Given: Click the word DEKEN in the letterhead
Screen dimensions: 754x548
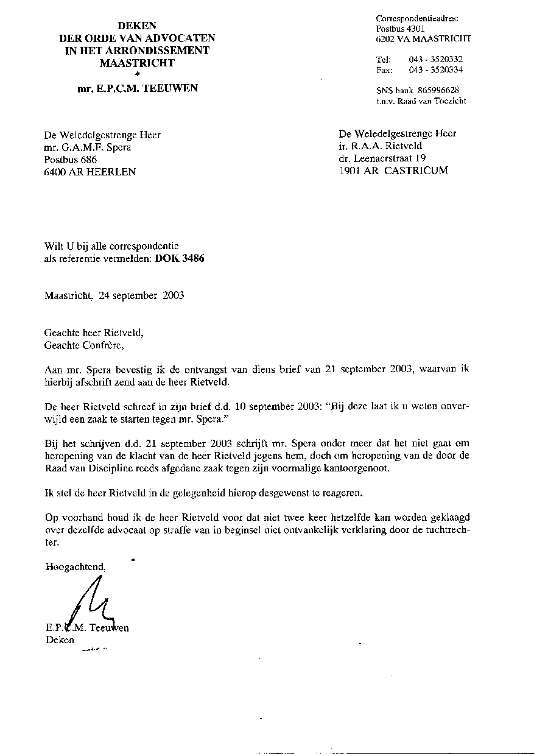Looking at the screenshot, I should (x=137, y=26).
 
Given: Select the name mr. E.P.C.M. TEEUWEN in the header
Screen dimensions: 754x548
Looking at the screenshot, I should (x=137, y=88).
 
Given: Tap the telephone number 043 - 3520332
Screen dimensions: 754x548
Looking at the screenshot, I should (x=435, y=59).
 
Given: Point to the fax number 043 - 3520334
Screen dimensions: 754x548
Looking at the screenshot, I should (x=435, y=69).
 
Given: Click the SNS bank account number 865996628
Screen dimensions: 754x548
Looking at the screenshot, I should (x=443, y=90).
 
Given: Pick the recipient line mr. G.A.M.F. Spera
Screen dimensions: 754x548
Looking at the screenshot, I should (x=88, y=147).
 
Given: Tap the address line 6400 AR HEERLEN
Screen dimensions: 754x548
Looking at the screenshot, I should (x=90, y=172).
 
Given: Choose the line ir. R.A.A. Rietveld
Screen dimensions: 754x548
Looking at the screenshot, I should (x=381, y=146).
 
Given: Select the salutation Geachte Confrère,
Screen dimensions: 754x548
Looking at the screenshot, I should (x=84, y=345).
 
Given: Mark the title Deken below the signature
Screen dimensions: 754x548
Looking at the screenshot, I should (x=60, y=639).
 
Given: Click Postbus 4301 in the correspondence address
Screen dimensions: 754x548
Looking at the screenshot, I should (x=401, y=29).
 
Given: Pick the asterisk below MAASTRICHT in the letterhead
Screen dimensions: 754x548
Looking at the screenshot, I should (x=137, y=74).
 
